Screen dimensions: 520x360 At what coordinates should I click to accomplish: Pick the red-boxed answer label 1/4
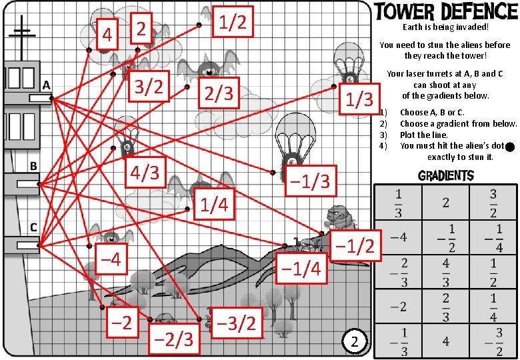[x=214, y=205]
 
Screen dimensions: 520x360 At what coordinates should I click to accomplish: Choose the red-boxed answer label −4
[x=109, y=259]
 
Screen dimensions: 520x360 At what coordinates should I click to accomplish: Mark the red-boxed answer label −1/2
[x=356, y=247]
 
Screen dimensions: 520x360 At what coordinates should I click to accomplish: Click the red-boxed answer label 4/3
[x=144, y=173]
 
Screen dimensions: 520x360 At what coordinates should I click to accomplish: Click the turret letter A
[x=47, y=85]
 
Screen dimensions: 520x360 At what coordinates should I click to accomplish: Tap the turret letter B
[x=32, y=165]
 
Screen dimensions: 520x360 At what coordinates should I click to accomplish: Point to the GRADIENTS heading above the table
[x=445, y=176]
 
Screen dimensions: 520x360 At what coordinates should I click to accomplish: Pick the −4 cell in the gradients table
[x=398, y=236]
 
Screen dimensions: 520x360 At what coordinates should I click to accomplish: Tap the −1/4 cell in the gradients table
[x=493, y=236]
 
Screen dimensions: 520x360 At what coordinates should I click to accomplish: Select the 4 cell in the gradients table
[x=445, y=341]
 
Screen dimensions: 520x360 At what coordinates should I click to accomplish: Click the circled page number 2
[x=355, y=342]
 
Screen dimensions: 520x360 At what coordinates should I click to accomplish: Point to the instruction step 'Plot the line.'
[x=423, y=135]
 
